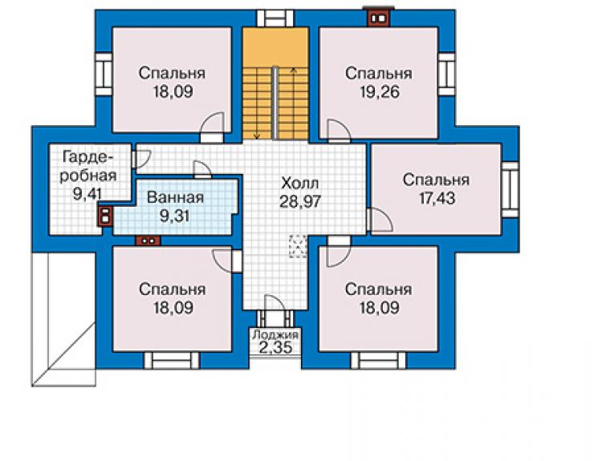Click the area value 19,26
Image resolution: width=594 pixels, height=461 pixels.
pos(379,92)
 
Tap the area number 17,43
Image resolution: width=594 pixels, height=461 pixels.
pos(437,198)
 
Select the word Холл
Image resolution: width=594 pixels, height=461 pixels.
pos(300,184)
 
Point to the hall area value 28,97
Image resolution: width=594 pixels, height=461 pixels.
pos(300,202)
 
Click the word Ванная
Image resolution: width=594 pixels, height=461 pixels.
pos(176,197)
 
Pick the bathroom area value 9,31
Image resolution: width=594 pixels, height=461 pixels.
pos(174,216)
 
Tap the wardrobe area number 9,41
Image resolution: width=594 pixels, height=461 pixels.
pos(87,194)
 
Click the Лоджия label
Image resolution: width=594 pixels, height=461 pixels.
pos(275,334)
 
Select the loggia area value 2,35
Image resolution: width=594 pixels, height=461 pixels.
pos(275,347)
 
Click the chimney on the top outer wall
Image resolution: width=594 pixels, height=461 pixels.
pos(379,18)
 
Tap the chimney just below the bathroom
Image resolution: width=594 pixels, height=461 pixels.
pos(148,241)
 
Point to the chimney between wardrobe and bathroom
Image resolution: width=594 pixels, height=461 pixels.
pos(105,216)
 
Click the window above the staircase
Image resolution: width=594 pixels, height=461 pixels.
pos(275,18)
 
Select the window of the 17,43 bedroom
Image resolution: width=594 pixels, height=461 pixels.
pos(510,189)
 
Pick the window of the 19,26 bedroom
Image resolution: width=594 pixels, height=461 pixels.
pos(446,74)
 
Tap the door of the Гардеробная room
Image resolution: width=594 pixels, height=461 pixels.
pos(141,160)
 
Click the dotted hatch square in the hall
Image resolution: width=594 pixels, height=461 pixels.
pos(299,246)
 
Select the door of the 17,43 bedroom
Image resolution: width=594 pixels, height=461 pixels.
pos(379,220)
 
